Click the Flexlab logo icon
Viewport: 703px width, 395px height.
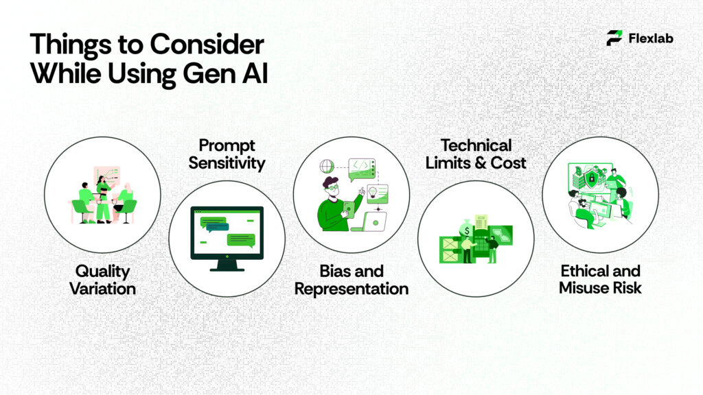click(x=614, y=38)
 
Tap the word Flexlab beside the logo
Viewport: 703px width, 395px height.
click(x=651, y=38)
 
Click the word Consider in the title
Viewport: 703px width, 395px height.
click(x=207, y=45)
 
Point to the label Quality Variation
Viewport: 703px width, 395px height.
click(x=102, y=279)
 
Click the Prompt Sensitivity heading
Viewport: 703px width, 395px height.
click(x=227, y=154)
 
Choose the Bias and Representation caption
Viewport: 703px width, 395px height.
click(x=351, y=280)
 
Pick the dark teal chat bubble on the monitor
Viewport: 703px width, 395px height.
click(x=240, y=240)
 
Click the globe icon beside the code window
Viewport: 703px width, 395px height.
click(x=327, y=166)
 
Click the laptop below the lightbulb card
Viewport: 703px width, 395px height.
click(x=375, y=221)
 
